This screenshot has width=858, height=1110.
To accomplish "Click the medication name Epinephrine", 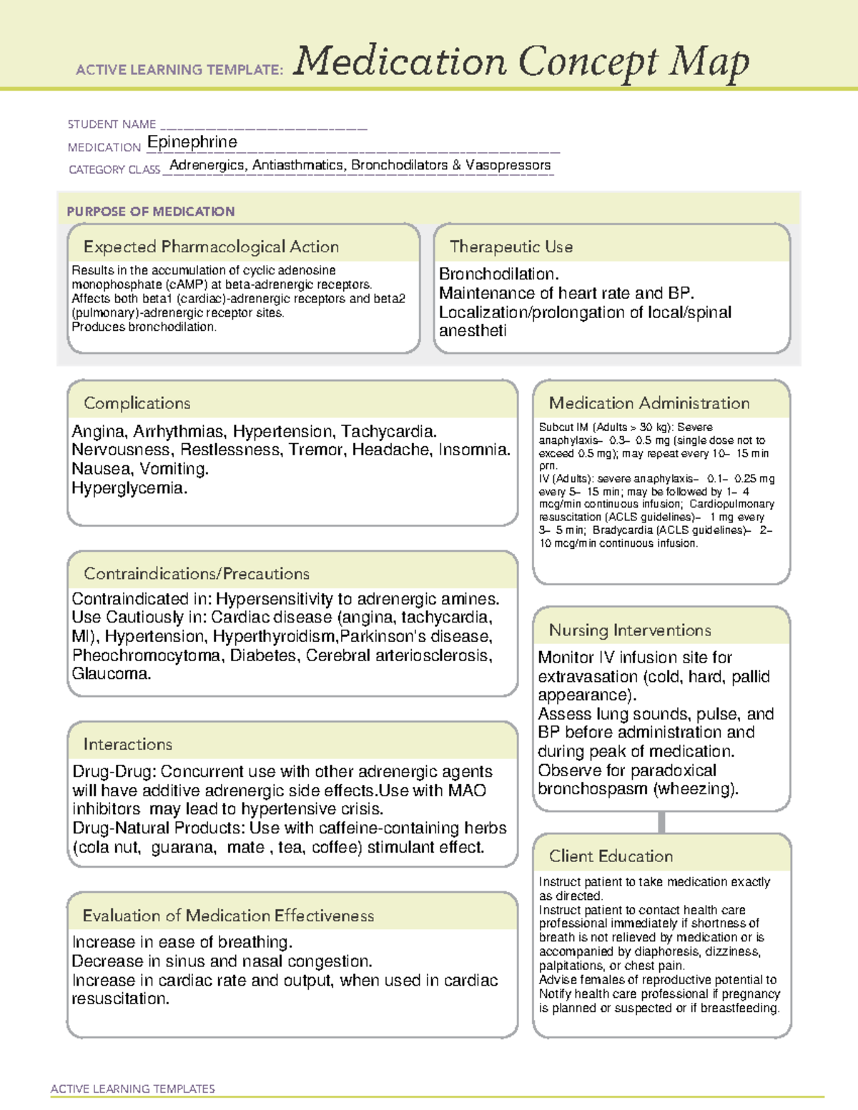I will tap(192, 142).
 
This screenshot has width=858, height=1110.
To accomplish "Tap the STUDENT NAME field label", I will tap(112, 124).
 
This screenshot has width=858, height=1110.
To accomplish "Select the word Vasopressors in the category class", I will tap(508, 165).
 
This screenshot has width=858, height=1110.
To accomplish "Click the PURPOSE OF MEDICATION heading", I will tap(150, 212).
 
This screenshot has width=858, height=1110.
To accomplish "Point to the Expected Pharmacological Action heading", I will tap(211, 247).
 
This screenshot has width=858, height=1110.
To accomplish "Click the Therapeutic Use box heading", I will tap(511, 247).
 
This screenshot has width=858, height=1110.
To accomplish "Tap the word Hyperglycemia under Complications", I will tap(128, 488).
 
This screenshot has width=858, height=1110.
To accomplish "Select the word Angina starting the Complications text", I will tap(98, 432).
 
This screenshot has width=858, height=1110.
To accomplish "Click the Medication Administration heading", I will tap(649, 403).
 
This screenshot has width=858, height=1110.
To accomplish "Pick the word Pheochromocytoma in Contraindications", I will tap(146, 655).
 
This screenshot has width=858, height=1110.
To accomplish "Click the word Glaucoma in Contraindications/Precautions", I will tap(110, 674).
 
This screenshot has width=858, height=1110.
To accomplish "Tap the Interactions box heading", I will tap(127, 744).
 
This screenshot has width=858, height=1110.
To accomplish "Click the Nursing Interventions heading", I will tap(629, 630).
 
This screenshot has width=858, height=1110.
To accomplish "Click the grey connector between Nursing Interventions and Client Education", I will tap(661, 822).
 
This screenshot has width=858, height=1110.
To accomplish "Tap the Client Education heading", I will tap(611, 856).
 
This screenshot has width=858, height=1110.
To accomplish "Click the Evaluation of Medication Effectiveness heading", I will tap(228, 916).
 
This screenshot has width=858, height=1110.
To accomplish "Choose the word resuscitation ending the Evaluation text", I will tap(119, 999).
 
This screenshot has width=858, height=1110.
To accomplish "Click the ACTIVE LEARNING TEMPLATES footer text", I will tap(132, 1089).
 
